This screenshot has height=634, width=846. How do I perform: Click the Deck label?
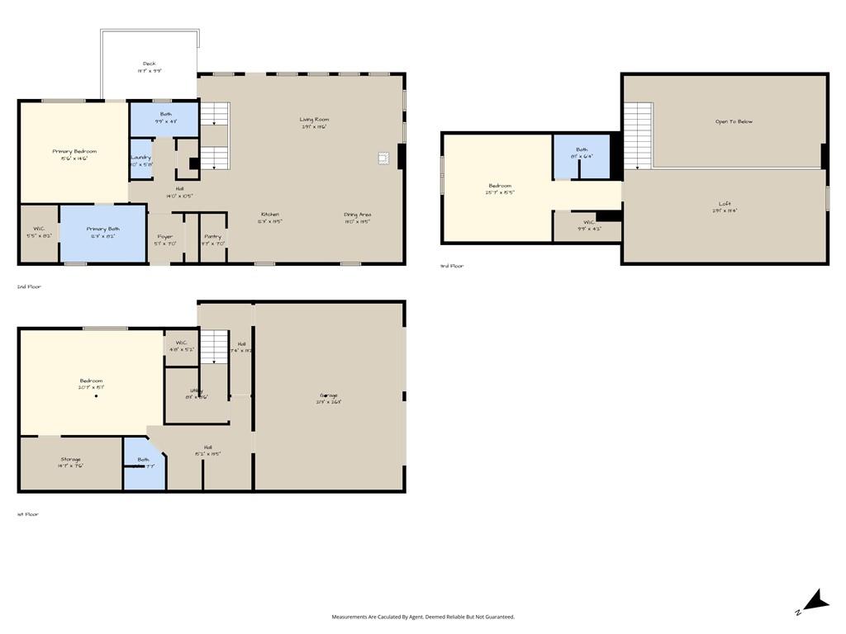(x=149, y=64)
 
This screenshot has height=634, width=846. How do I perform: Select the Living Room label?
(x=314, y=120)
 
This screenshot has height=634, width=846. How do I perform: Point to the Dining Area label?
(x=357, y=215)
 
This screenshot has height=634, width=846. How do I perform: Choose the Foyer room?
(x=164, y=239)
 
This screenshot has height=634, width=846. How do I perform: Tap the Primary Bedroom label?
(x=74, y=152)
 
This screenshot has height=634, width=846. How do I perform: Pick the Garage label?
(x=329, y=395)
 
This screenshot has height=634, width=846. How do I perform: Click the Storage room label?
(x=70, y=460)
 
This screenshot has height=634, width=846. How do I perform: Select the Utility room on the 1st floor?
(x=197, y=393)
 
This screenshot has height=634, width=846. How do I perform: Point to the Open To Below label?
(x=734, y=122)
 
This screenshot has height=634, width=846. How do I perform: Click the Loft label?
(x=725, y=204)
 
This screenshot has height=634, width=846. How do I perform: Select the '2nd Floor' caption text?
(x=29, y=286)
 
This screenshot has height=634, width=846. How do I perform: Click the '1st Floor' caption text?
(x=27, y=514)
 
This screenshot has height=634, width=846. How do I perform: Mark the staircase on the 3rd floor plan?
(x=637, y=135)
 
